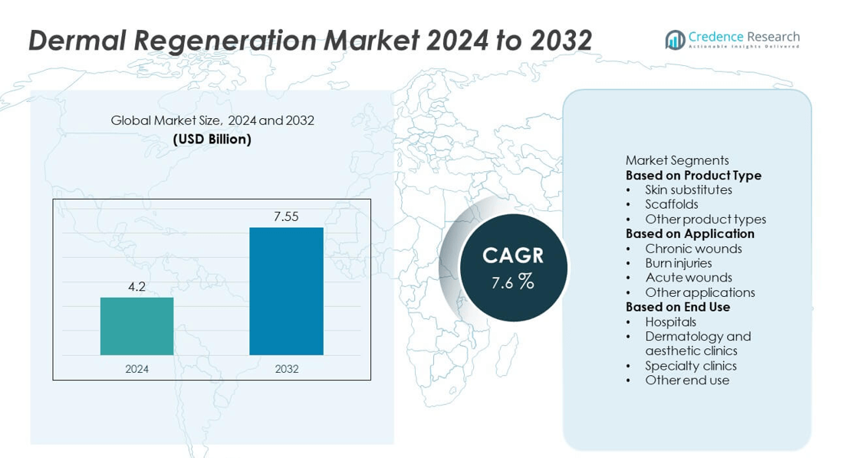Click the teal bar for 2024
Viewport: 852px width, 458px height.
(x=137, y=326)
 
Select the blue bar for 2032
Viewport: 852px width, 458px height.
(x=286, y=292)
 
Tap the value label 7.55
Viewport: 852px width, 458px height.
(x=286, y=217)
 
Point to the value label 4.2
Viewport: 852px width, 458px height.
(x=137, y=287)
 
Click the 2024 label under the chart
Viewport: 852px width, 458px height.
(x=137, y=369)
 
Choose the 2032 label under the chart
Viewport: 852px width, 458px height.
(x=286, y=369)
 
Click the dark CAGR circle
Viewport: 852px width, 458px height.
(x=513, y=267)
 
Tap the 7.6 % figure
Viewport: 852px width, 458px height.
(x=512, y=282)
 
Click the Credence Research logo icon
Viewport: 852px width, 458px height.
(x=675, y=39)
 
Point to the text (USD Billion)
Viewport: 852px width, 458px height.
(x=212, y=139)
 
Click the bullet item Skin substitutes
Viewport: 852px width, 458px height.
(x=688, y=189)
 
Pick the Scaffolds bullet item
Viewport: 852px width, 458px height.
(x=671, y=204)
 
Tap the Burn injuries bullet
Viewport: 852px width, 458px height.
(x=678, y=263)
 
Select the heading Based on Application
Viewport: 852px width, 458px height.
(x=689, y=233)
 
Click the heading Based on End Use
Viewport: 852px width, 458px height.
(x=677, y=307)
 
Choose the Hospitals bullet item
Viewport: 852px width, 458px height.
(x=670, y=321)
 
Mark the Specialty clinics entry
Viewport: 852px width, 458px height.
(x=690, y=366)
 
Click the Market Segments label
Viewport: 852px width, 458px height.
(x=676, y=160)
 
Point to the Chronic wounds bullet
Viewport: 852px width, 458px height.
(x=693, y=249)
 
